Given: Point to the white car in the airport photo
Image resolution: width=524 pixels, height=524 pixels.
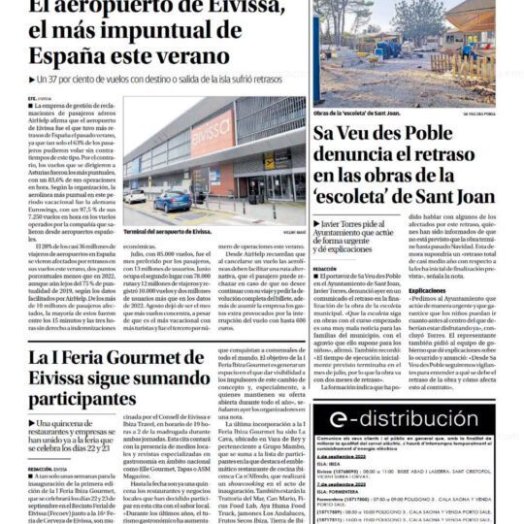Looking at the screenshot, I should click(135, 196).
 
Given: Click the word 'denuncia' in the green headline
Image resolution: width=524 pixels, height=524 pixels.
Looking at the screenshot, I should click(370, 154).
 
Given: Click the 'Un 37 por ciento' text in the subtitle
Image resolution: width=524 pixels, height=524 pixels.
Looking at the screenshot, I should click(67, 77).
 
